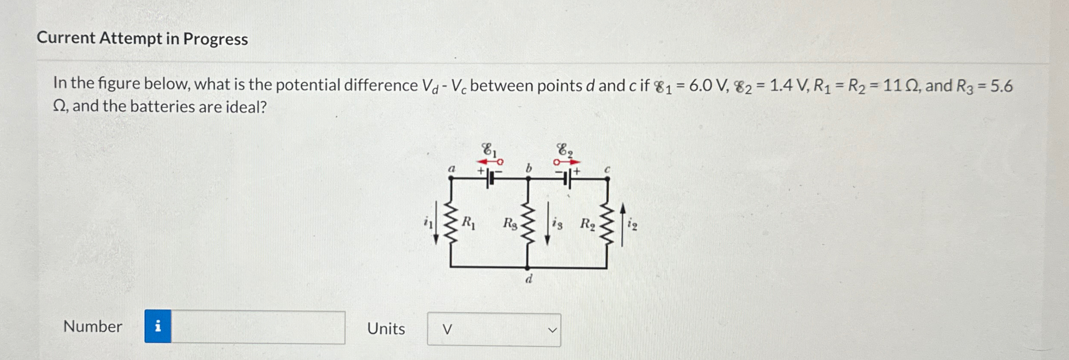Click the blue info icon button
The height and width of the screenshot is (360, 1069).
(158, 326)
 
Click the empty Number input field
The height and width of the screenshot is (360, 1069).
(258, 327)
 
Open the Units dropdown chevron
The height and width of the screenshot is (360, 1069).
(552, 330)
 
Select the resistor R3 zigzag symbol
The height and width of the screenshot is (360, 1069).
(528, 223)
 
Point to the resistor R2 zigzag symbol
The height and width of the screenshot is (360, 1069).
(607, 223)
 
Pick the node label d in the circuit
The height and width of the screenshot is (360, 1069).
(529, 279)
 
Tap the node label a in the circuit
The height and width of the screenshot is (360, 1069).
(451, 169)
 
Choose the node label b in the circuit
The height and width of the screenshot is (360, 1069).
(529, 168)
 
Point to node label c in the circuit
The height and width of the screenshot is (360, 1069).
(607, 170)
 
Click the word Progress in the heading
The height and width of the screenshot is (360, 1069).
(215, 39)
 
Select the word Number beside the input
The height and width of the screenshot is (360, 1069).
(93, 326)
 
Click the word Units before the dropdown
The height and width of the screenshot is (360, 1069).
(386, 329)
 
